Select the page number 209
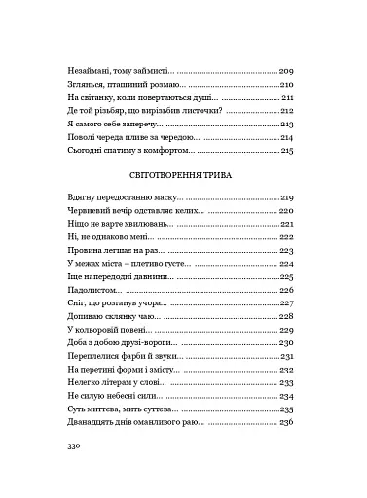(x=286, y=72)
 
